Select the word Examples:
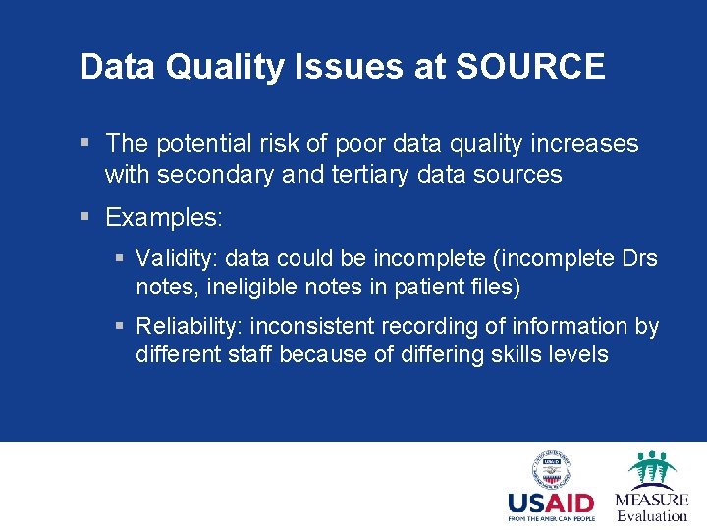pos(164,216)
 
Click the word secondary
pos(212,175)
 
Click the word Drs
pos(640,258)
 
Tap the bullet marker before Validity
pos(120,259)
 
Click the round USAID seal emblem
pos(551,469)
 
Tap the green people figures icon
pos(652,468)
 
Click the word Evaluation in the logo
pos(652,515)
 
